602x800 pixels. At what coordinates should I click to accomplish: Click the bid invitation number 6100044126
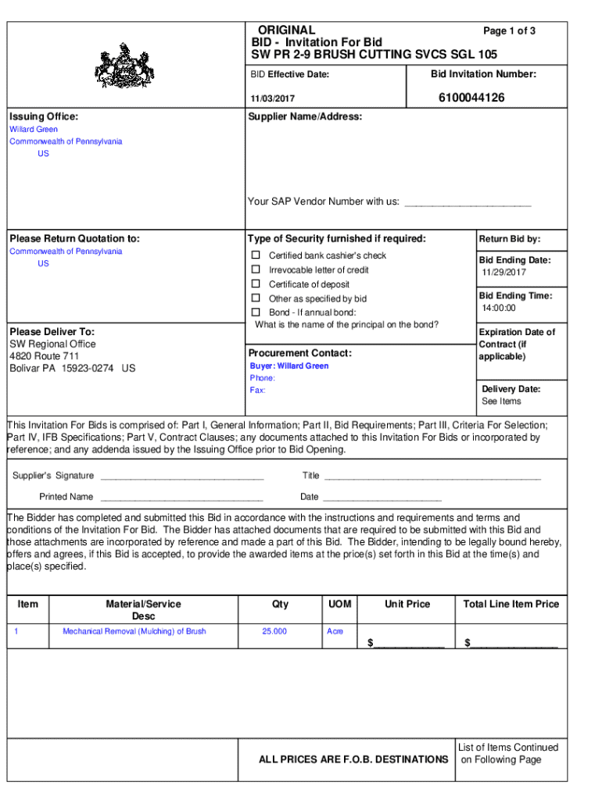[x=471, y=98]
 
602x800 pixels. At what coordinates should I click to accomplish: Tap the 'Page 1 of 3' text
[x=509, y=31]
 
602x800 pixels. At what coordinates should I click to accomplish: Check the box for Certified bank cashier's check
[x=255, y=255]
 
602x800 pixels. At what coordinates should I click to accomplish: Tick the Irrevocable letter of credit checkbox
[x=255, y=270]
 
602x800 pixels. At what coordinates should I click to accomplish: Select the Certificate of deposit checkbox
[x=255, y=284]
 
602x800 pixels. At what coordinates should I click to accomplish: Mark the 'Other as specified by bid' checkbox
[x=255, y=298]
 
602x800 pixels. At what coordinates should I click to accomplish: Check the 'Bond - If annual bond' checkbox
[x=255, y=312]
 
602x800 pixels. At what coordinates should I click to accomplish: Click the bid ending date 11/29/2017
[x=503, y=273]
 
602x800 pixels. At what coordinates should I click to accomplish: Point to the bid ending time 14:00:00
[x=499, y=309]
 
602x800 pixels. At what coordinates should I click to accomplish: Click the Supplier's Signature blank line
[x=181, y=477]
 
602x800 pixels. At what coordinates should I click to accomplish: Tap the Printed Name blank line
[x=181, y=498]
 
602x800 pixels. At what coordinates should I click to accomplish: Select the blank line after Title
[x=432, y=477]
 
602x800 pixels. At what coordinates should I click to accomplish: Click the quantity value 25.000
[x=274, y=631]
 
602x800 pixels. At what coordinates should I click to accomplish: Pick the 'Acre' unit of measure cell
[x=334, y=631]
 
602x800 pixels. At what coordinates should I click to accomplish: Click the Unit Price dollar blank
[x=408, y=644]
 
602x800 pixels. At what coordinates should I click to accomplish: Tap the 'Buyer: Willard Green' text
[x=289, y=366]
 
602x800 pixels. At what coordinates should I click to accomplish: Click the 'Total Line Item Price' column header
[x=511, y=604]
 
